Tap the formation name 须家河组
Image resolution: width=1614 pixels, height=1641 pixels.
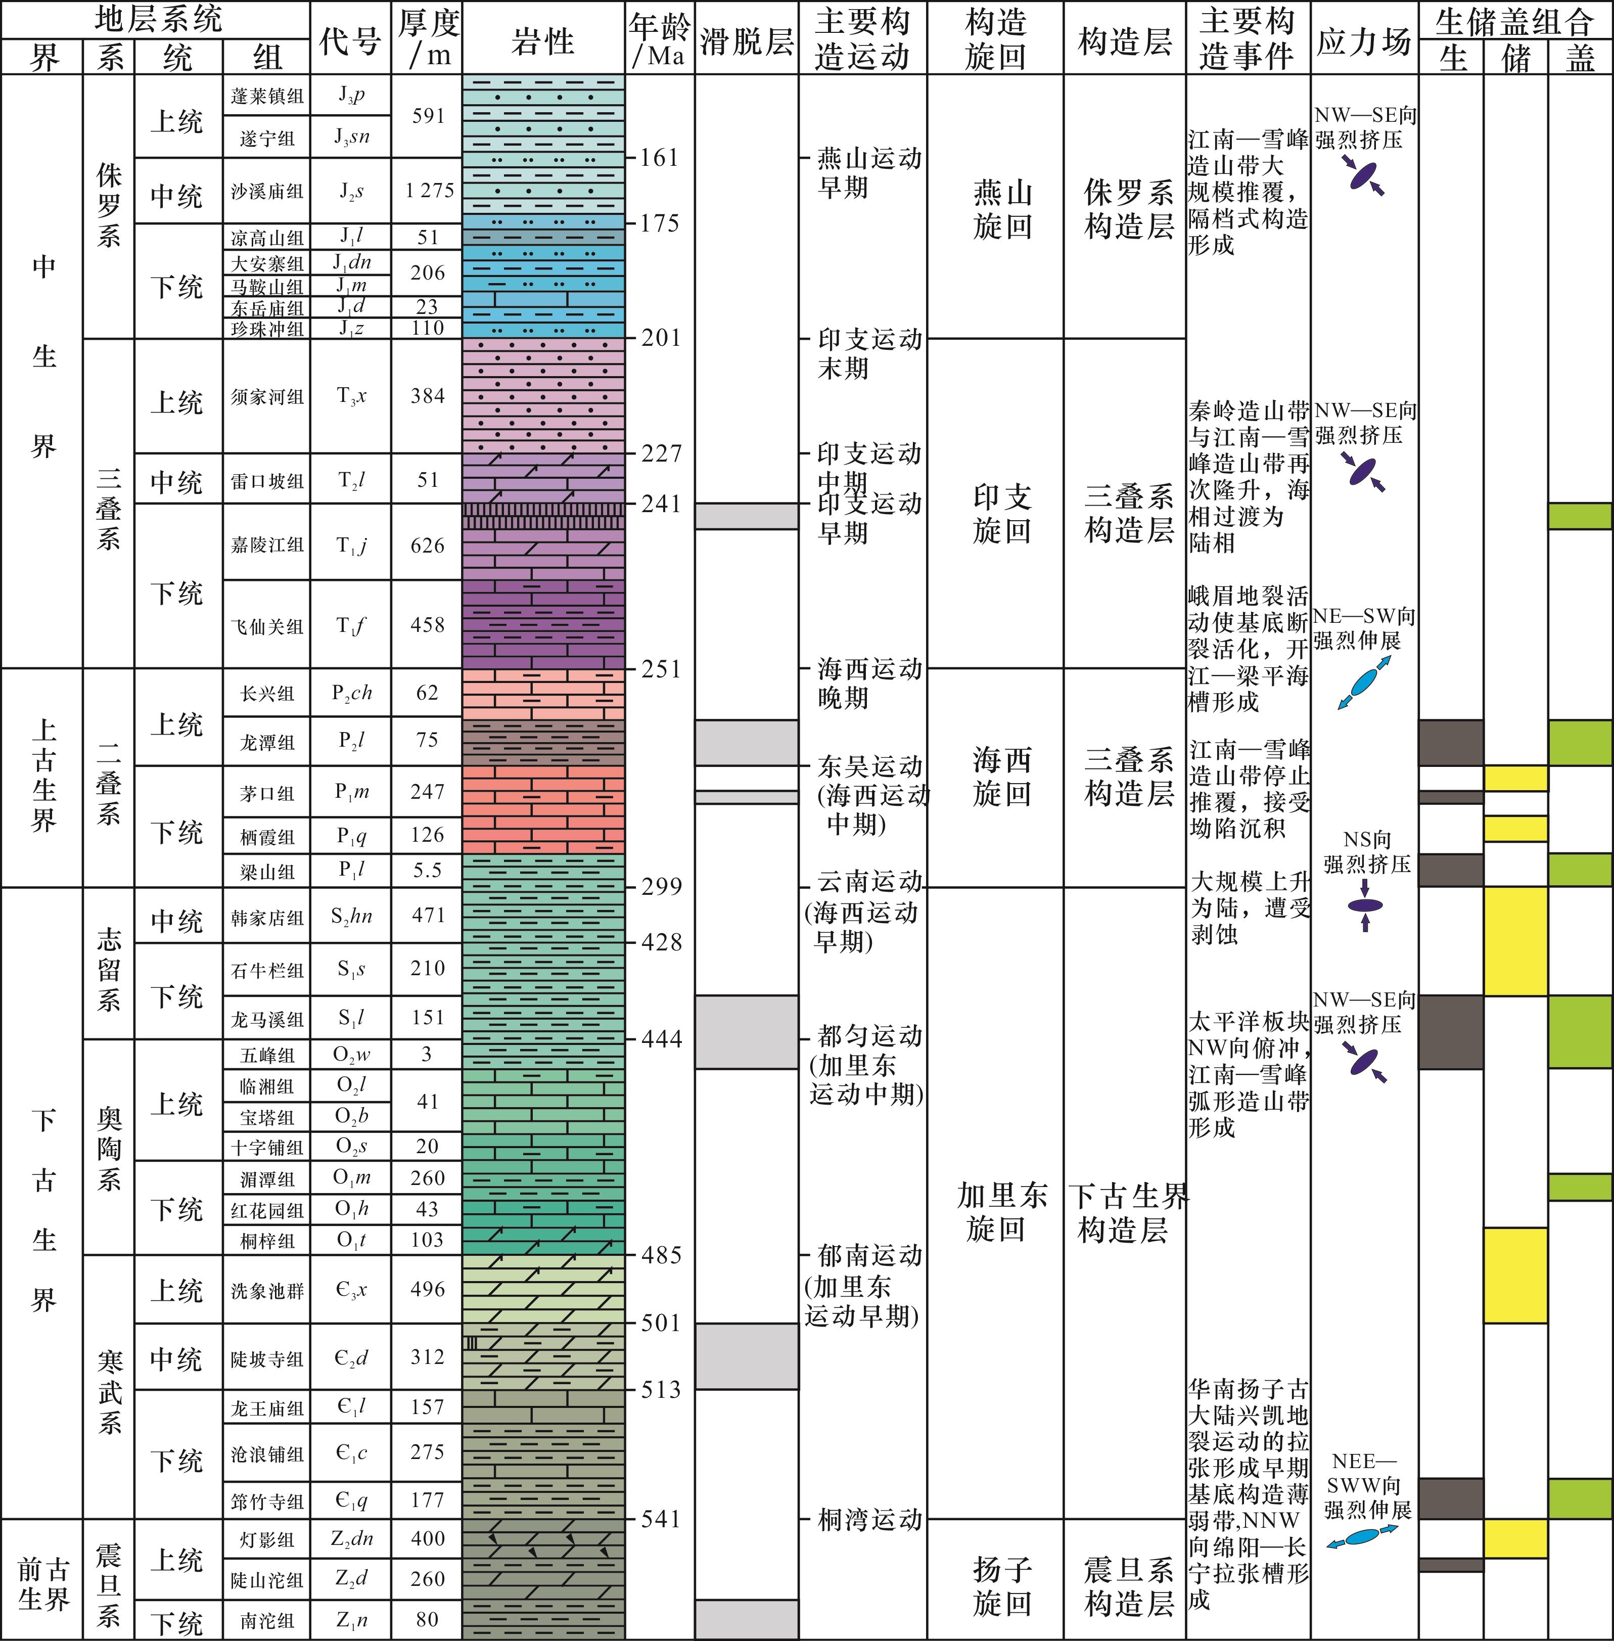click(267, 397)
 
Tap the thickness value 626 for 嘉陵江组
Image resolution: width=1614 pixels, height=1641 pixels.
click(427, 545)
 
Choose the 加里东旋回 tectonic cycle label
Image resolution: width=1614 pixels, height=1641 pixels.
click(1002, 1212)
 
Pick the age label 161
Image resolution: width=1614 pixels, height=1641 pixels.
click(660, 158)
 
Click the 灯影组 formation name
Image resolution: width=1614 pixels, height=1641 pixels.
click(267, 1540)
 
